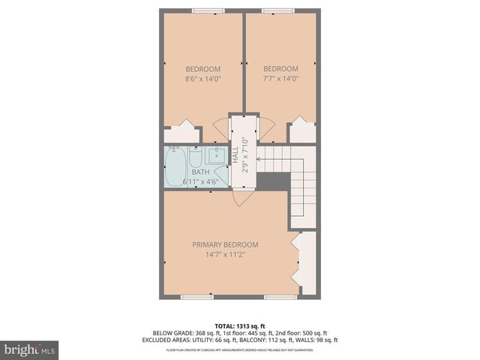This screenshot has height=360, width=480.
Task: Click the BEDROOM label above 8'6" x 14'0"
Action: (x=202, y=69)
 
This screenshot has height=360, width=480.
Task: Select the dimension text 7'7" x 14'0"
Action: (x=280, y=78)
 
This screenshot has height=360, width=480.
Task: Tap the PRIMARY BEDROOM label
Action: (x=225, y=244)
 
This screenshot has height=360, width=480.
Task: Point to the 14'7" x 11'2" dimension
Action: (x=225, y=254)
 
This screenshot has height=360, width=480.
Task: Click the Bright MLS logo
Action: (x=30, y=349)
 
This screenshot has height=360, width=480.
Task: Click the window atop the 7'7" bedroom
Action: (x=278, y=10)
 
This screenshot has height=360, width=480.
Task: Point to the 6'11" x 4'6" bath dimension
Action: (x=200, y=181)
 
